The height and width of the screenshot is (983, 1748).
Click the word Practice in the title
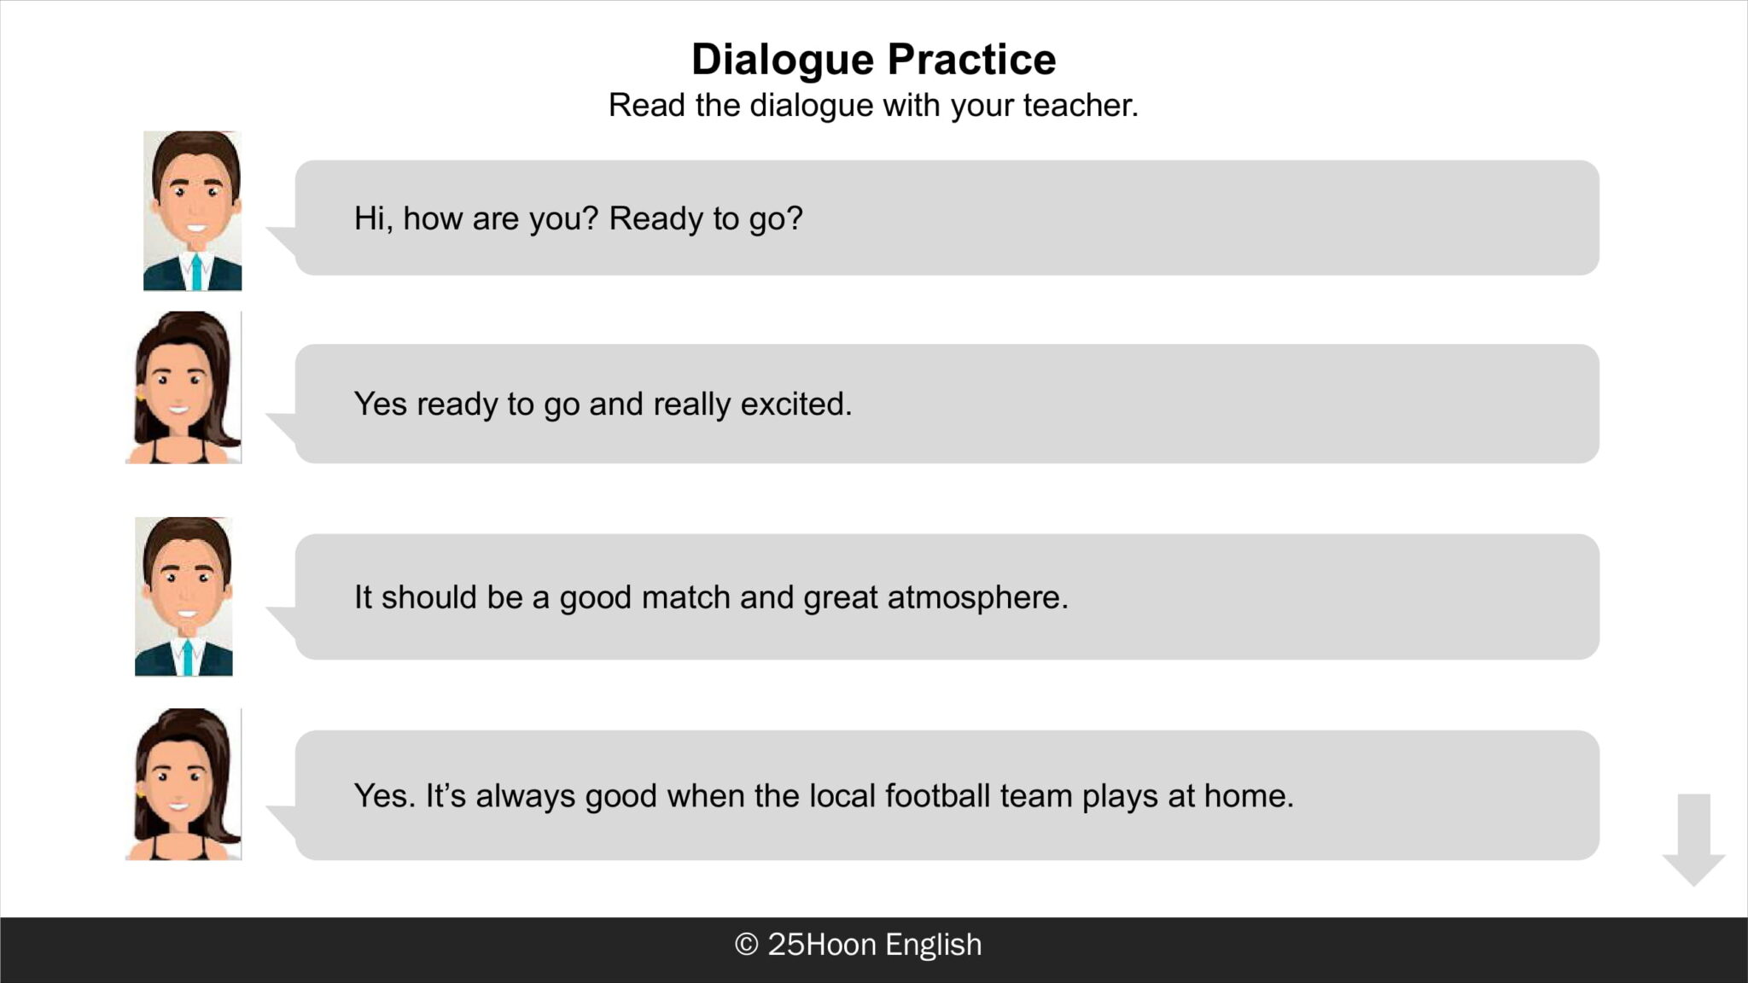pyautogui.click(x=971, y=59)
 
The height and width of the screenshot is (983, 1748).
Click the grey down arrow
pyautogui.click(x=1693, y=840)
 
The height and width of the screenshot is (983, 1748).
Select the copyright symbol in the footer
pyautogui.click(x=746, y=945)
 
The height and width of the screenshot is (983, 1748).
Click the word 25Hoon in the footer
pyautogui.click(x=822, y=945)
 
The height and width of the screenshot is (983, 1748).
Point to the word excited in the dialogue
pyautogui.click(x=796, y=404)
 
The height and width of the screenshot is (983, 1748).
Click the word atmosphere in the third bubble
pyautogui.click(x=978, y=597)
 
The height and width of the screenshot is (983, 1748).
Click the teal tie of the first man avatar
pyautogui.click(x=196, y=270)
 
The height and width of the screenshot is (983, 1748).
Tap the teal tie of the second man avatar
pyautogui.click(x=188, y=656)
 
